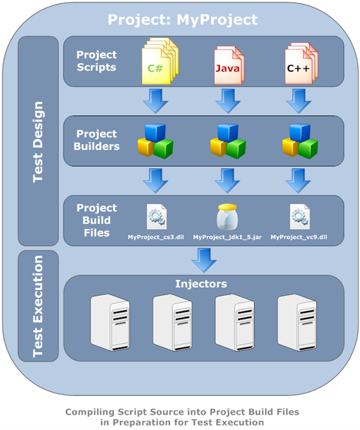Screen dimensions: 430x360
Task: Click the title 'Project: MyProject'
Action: (183, 20)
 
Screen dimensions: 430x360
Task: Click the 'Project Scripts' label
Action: (97, 61)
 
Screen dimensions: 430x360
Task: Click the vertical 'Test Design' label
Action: (38, 140)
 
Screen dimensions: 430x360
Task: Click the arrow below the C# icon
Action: (156, 101)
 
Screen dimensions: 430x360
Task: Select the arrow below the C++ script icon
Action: (298, 101)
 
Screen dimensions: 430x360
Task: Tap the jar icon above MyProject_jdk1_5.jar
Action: (226, 216)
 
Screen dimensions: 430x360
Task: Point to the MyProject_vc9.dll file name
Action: (298, 236)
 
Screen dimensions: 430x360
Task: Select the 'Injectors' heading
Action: (203, 284)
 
